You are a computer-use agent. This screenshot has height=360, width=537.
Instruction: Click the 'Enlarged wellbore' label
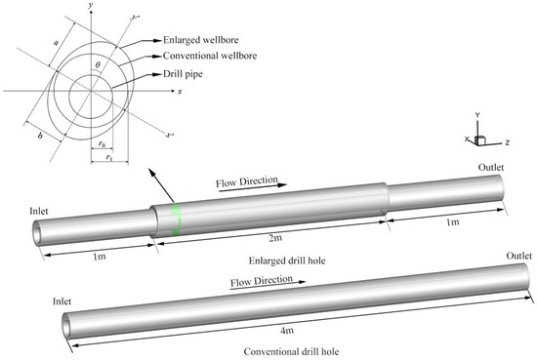point(201,40)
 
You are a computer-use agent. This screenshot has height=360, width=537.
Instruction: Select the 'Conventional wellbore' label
point(210,56)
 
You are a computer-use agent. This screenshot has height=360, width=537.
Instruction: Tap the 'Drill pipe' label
point(183,74)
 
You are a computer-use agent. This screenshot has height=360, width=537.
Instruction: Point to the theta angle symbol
point(98,65)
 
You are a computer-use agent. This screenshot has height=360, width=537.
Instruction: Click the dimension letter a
point(57,42)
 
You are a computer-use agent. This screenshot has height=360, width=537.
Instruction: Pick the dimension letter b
point(40,136)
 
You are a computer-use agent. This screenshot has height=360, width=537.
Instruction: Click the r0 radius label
point(102,144)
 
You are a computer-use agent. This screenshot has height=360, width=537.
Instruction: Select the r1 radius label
point(109,157)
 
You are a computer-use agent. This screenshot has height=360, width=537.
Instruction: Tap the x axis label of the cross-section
point(180,92)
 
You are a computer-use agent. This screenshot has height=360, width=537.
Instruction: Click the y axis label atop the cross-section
point(90,5)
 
